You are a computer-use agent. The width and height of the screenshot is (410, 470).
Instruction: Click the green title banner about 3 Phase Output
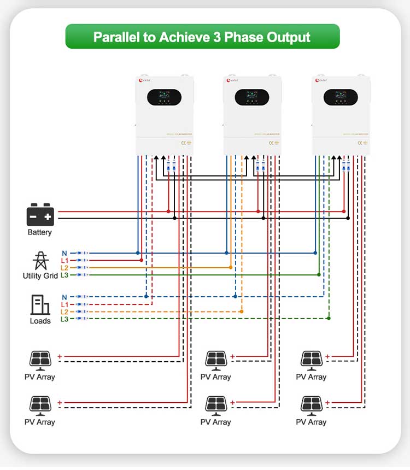click(202, 37)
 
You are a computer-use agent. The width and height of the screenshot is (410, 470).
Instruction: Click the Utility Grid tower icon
click(40, 261)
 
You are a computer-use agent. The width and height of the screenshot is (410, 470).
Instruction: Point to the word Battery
click(40, 232)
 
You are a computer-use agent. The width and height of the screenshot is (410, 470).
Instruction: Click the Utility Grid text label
click(40, 276)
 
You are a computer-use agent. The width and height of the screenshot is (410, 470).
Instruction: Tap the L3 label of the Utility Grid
click(65, 275)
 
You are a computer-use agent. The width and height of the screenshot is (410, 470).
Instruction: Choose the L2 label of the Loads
click(65, 312)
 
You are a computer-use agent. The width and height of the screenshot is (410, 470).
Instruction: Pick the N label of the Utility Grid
click(65, 253)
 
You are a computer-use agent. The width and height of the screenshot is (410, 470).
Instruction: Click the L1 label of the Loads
click(65, 304)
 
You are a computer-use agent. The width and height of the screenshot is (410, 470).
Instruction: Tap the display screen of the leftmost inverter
click(163, 97)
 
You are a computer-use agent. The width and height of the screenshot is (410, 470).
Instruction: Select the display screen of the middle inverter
click(252, 97)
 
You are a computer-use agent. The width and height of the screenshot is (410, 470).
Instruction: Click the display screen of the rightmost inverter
click(341, 97)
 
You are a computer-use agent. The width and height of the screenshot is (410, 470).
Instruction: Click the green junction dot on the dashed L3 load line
click(329, 318)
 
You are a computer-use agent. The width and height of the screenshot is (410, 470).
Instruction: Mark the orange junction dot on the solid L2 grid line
click(230, 267)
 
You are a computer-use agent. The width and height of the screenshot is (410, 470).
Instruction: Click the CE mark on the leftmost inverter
click(183, 143)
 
